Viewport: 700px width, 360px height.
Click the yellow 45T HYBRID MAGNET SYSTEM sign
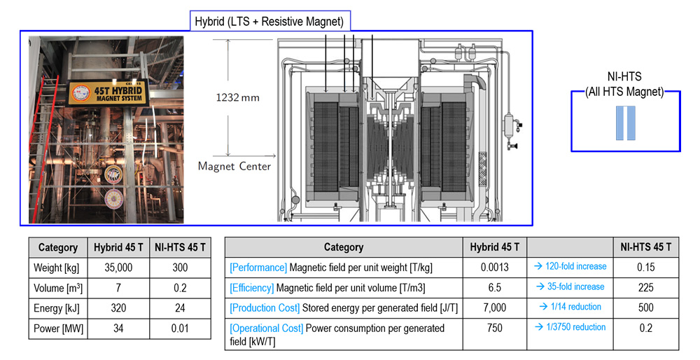pyautogui.click(x=106, y=92)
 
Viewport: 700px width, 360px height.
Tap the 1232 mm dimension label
pyautogui.click(x=237, y=97)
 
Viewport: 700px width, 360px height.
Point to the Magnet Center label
pyautogui.click(x=234, y=166)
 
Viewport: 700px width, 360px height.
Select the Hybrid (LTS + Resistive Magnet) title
pyautogui.click(x=269, y=22)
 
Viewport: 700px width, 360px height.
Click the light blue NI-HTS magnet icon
pyautogui.click(x=625, y=123)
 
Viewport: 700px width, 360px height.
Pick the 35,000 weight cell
pyautogui.click(x=118, y=268)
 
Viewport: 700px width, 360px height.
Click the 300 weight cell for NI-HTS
pyautogui.click(x=180, y=268)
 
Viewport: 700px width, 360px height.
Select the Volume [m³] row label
pyautogui.click(x=58, y=288)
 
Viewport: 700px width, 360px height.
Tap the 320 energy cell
pyautogui.click(x=118, y=308)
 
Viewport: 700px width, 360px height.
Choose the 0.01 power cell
pyautogui.click(x=180, y=328)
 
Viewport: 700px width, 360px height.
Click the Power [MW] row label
pyautogui.click(x=59, y=328)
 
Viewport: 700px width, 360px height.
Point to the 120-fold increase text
pyautogui.click(x=571, y=266)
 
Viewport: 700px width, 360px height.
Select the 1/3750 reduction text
pyautogui.click(x=570, y=327)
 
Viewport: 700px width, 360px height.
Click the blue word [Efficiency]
pyautogui.click(x=252, y=288)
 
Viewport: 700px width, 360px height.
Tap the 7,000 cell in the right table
pyautogui.click(x=495, y=307)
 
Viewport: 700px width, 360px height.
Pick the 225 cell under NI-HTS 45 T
pyautogui.click(x=646, y=288)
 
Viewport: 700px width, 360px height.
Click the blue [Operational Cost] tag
pyautogui.click(x=267, y=328)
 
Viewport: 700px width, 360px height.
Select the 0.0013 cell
pyautogui.click(x=495, y=267)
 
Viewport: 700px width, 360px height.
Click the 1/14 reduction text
pyautogui.click(x=570, y=307)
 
